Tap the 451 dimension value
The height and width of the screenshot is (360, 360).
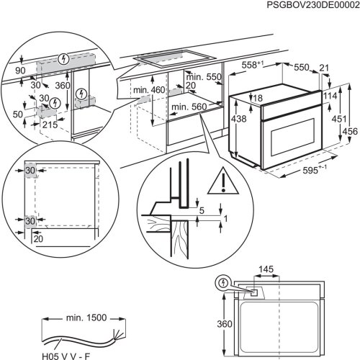(x=338, y=119)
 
